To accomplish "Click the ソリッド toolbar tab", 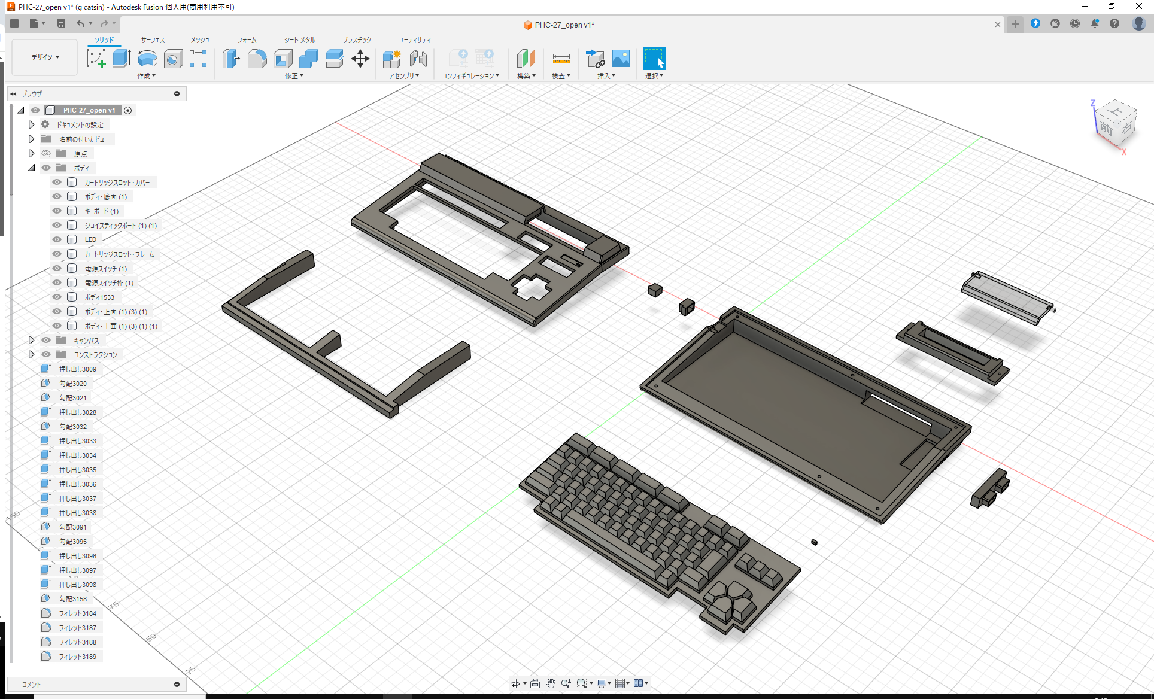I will tap(104, 40).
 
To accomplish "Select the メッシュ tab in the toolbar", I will tap(200, 40).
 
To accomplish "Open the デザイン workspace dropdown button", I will tap(45, 57).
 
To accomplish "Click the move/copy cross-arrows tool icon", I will tap(360, 59).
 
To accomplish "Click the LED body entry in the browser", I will tap(90, 239).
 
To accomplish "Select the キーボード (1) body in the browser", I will tap(101, 211).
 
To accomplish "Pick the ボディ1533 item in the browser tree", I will tap(99, 297).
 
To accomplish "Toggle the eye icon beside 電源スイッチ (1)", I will tap(57, 269).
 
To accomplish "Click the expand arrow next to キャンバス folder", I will tap(32, 340).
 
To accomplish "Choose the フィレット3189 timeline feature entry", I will tap(77, 657).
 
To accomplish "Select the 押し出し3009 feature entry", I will tap(77, 369).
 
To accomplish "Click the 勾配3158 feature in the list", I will tap(72, 599).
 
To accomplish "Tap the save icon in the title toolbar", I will tap(61, 23).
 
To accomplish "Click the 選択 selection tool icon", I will tap(654, 59).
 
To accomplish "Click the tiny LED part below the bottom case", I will tap(814, 542).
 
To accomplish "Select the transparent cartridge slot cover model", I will tap(1007, 297).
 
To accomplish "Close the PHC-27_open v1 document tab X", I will tap(997, 25).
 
